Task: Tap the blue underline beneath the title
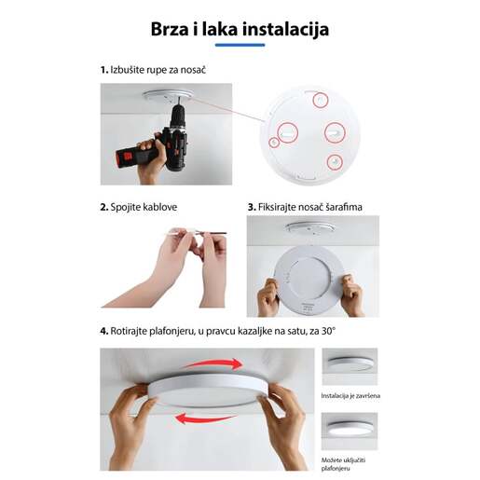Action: tap(240, 45)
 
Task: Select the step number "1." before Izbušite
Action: tap(104, 70)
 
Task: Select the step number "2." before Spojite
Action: tap(104, 207)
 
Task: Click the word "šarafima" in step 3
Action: tap(343, 207)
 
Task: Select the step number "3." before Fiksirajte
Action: tap(252, 207)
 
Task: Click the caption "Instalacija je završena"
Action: tap(351, 396)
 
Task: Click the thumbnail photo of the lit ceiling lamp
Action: tap(351, 432)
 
